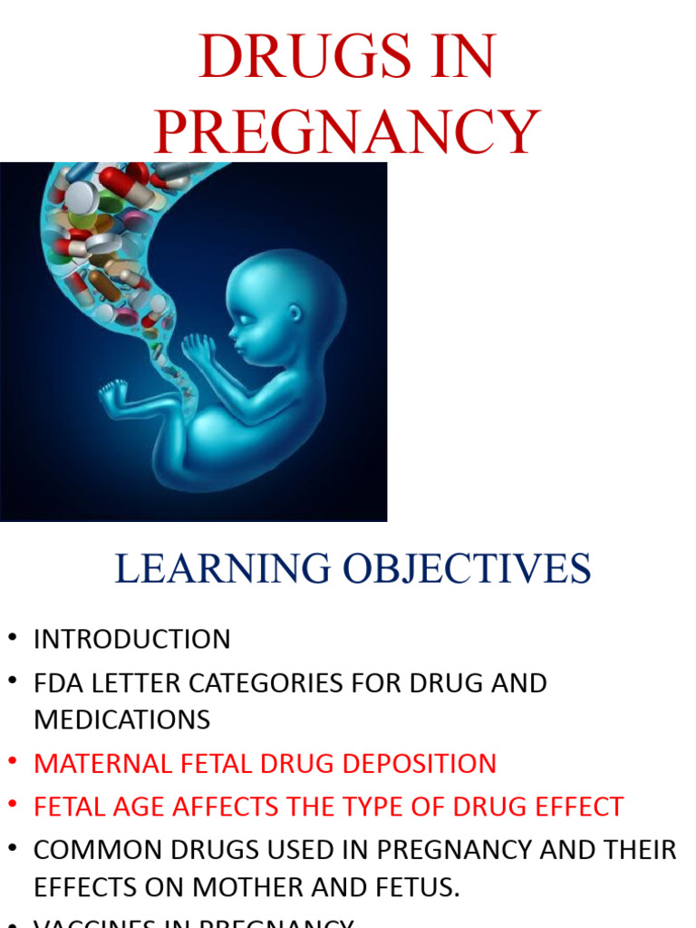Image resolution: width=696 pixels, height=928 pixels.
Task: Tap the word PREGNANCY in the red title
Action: click(347, 132)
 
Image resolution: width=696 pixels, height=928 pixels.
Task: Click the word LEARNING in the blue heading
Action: click(222, 568)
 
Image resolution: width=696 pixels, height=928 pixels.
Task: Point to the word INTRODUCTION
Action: click(132, 639)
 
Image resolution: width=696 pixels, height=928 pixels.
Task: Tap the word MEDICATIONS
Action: click(122, 720)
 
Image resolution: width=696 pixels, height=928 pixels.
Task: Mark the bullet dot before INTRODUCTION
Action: click(12, 639)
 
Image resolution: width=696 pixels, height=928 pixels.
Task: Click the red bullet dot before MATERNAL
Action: click(12, 763)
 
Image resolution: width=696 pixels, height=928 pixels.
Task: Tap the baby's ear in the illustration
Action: click(295, 314)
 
